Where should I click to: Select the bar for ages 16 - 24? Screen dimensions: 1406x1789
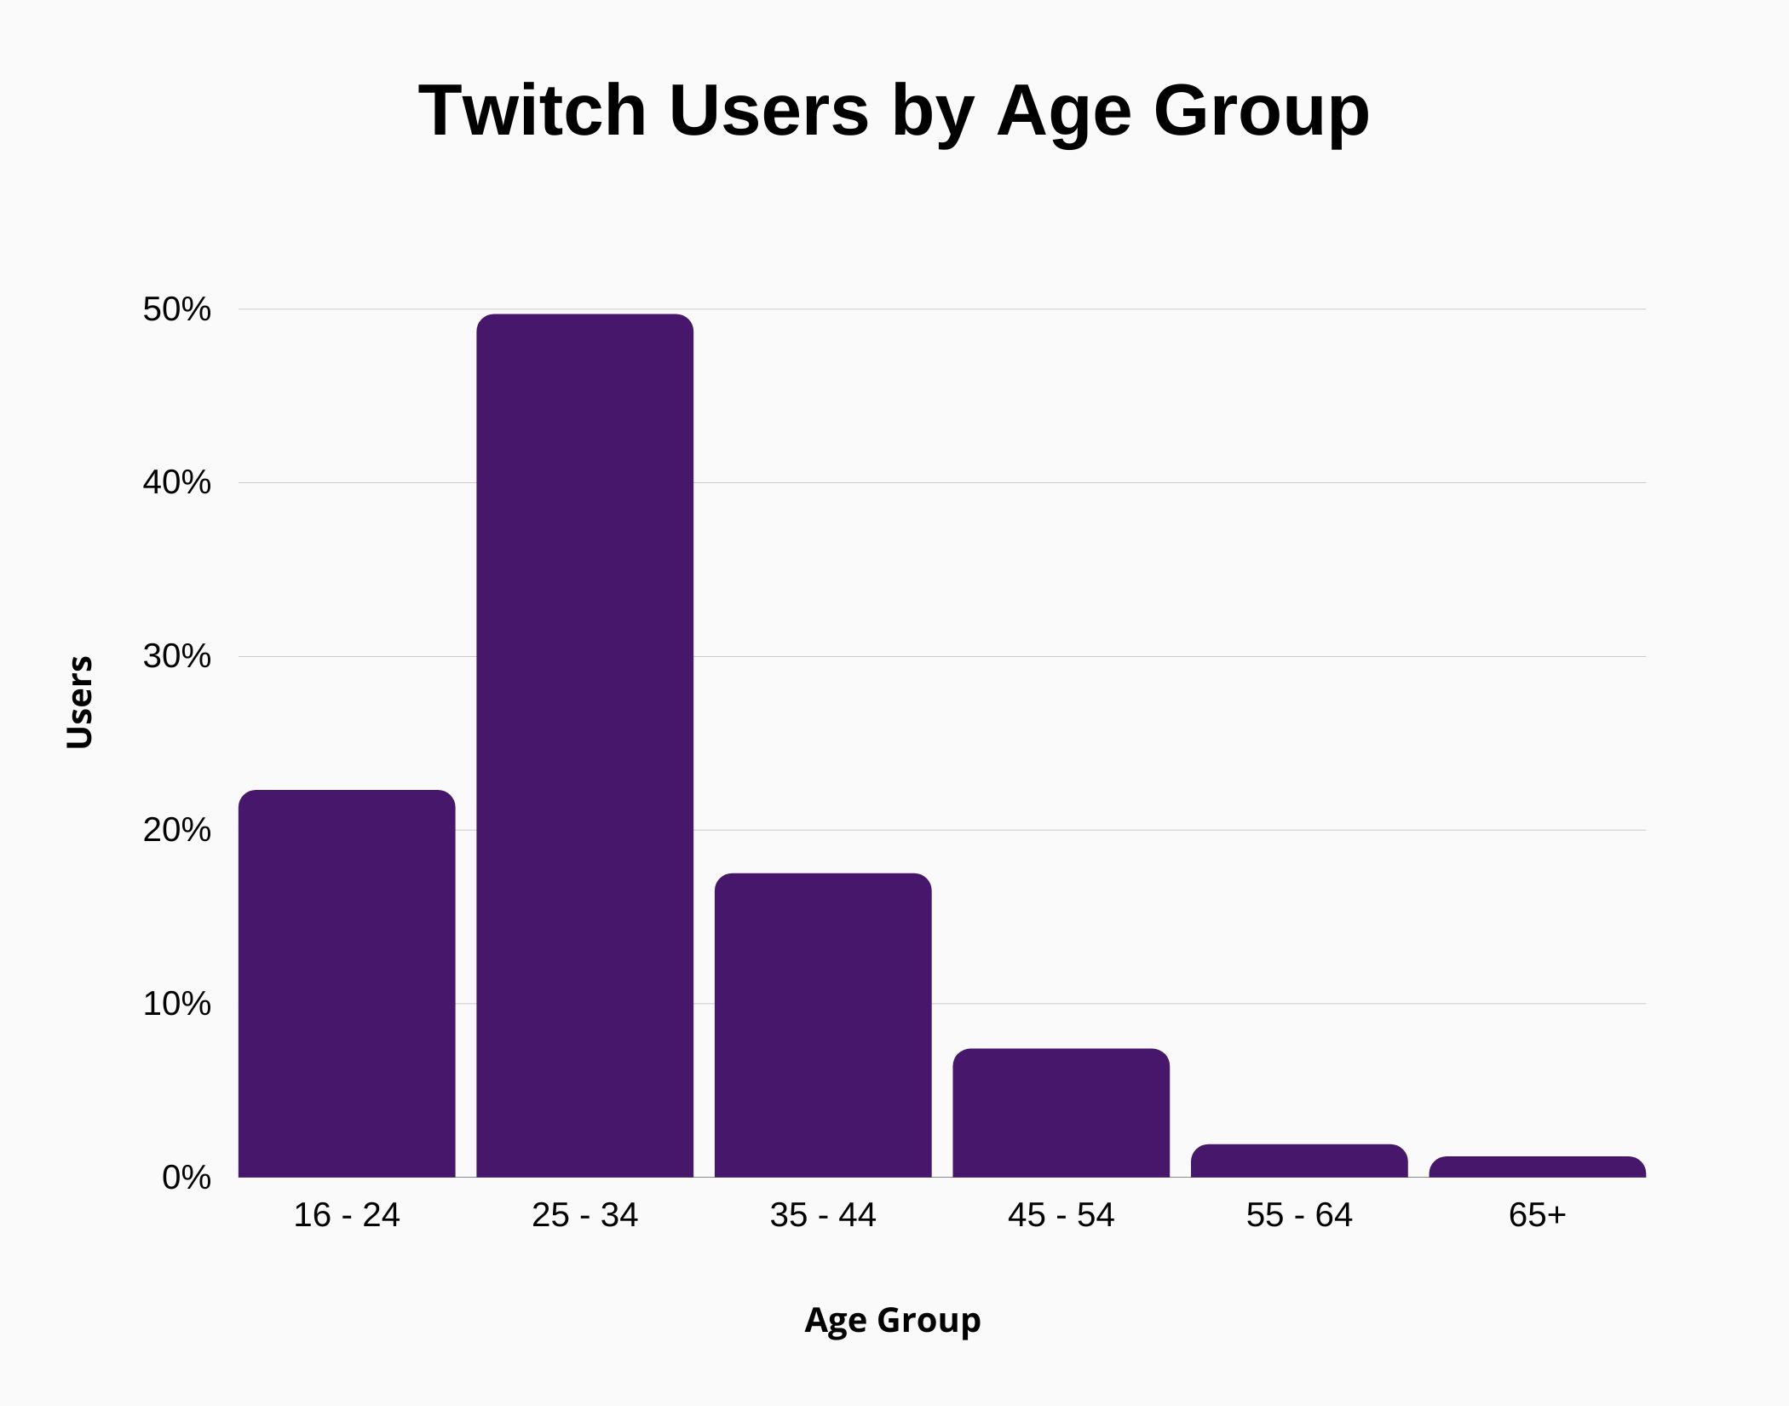pos(347,984)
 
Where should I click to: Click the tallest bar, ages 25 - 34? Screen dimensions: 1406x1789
pos(584,746)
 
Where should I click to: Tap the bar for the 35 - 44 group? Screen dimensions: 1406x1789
pos(823,1025)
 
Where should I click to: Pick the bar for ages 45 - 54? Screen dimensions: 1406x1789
pos(1061,1113)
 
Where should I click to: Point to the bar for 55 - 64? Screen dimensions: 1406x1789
pos(1299,1161)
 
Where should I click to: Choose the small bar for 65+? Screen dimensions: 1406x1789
pos(1537,1167)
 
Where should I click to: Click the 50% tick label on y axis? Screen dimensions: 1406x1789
pos(176,309)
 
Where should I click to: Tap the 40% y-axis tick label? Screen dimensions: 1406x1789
pos(176,483)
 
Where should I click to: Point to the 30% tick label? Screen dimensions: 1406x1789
pos(176,656)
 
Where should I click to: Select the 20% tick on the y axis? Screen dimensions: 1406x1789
pos(176,830)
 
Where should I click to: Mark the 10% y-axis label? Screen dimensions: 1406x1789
pos(176,1004)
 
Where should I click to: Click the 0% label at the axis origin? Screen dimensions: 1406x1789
pos(186,1178)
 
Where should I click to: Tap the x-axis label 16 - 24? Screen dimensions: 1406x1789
pos(347,1215)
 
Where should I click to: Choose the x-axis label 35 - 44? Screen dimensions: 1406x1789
pos(823,1215)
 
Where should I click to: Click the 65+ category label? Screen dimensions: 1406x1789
pos(1537,1215)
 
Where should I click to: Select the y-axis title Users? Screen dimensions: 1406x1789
pos(79,702)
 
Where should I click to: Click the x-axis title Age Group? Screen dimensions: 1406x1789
pos(893,1320)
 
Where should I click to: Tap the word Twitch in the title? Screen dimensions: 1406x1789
pos(532,111)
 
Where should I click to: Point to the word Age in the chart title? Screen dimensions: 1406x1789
pos(1064,112)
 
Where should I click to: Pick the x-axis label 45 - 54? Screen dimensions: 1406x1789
pos(1061,1215)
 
